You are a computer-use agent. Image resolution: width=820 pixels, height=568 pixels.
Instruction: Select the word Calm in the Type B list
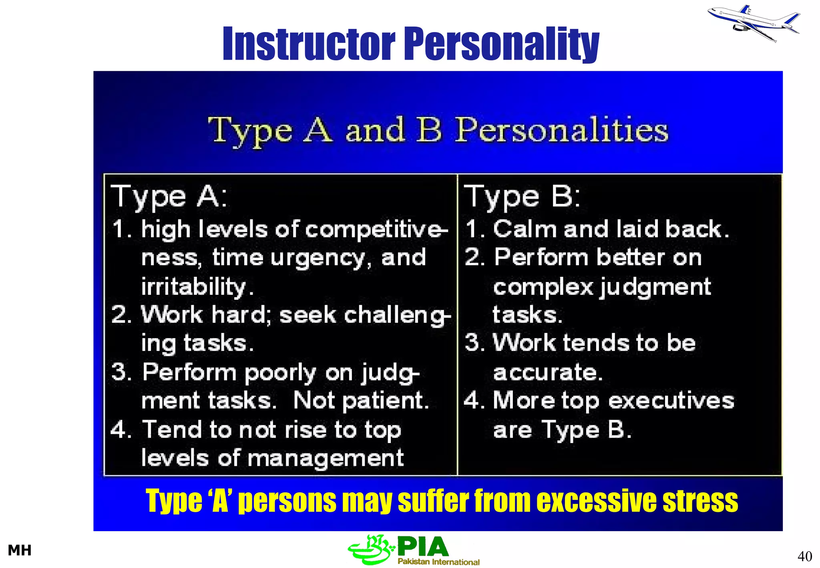525,229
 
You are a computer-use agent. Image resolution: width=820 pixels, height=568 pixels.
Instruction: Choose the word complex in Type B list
543,287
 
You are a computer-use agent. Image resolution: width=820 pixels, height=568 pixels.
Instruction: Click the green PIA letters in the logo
423,547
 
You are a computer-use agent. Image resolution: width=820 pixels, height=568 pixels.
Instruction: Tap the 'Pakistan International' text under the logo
438,562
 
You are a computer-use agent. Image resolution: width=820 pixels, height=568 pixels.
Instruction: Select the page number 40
804,556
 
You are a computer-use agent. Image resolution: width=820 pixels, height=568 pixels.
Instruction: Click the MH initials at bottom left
20,550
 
